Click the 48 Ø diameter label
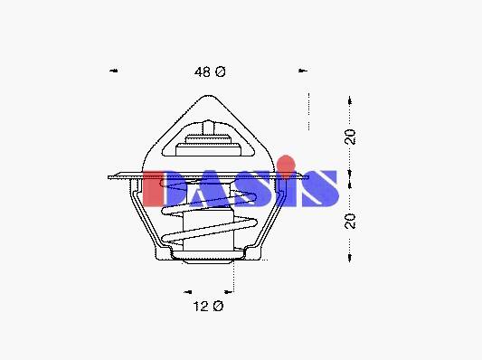(x=210, y=72)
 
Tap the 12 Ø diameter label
(x=208, y=307)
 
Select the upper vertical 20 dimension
(x=349, y=137)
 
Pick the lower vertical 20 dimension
(x=350, y=221)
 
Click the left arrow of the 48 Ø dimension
(x=114, y=71)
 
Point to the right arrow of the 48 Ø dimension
(x=303, y=71)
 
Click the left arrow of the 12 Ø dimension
(x=188, y=292)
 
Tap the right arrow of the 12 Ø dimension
(x=229, y=292)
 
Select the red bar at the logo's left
(x=153, y=189)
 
